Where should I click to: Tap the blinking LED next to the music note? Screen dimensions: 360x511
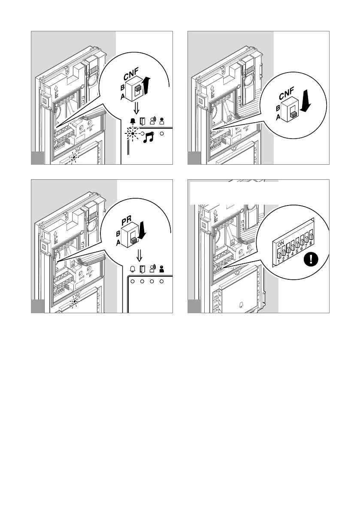133,134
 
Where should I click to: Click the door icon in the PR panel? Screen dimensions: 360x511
143,269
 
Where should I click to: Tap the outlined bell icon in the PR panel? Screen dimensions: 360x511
133,269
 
